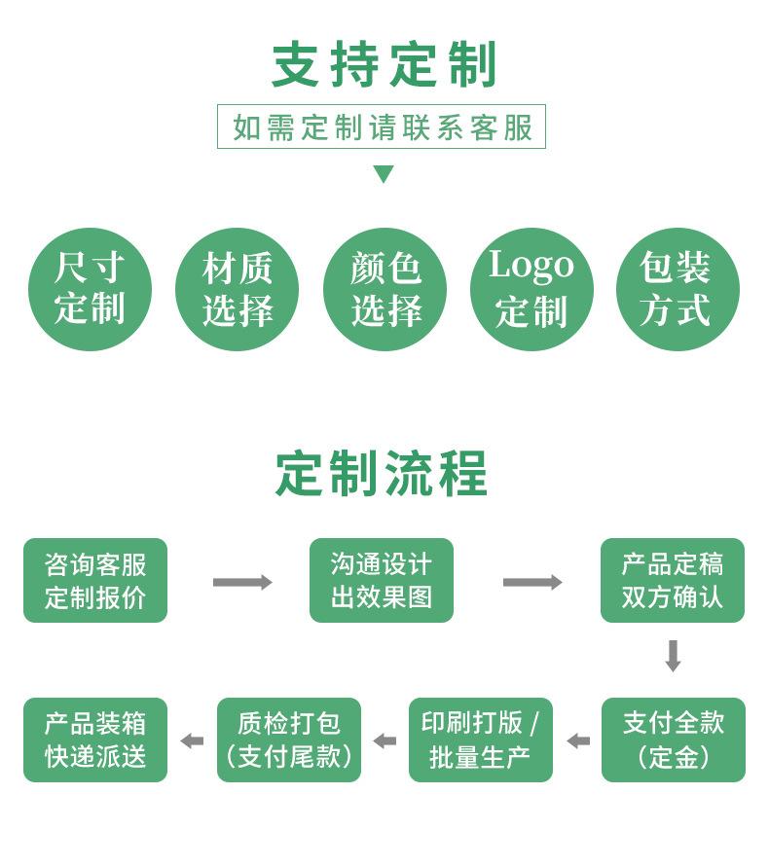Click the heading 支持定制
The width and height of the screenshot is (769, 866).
point(384,65)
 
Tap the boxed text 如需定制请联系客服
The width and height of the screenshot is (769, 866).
point(382,127)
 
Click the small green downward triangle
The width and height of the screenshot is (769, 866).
point(384,174)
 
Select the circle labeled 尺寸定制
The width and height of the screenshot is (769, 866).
point(90,289)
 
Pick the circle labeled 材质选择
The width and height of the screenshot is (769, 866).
point(237,289)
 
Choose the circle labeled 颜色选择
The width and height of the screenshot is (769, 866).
point(384,289)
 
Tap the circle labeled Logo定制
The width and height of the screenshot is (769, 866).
point(531,289)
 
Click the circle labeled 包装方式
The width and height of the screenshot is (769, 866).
point(677,289)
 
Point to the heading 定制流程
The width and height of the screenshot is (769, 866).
point(382,474)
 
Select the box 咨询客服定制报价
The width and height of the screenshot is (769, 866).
point(95,581)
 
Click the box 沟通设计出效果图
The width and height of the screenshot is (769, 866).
point(382,581)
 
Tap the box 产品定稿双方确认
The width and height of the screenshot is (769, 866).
point(673,581)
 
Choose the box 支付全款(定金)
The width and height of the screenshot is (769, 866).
point(673,740)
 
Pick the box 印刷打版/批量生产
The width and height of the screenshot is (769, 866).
point(480,740)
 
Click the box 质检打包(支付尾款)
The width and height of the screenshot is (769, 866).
point(288,740)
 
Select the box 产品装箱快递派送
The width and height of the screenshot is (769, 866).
point(95,740)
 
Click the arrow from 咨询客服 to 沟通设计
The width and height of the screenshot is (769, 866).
point(241,582)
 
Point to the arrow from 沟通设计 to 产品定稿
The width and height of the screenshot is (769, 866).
point(531,582)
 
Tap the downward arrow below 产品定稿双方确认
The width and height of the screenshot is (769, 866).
point(673,656)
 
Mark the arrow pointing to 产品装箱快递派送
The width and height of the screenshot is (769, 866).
point(192,740)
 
